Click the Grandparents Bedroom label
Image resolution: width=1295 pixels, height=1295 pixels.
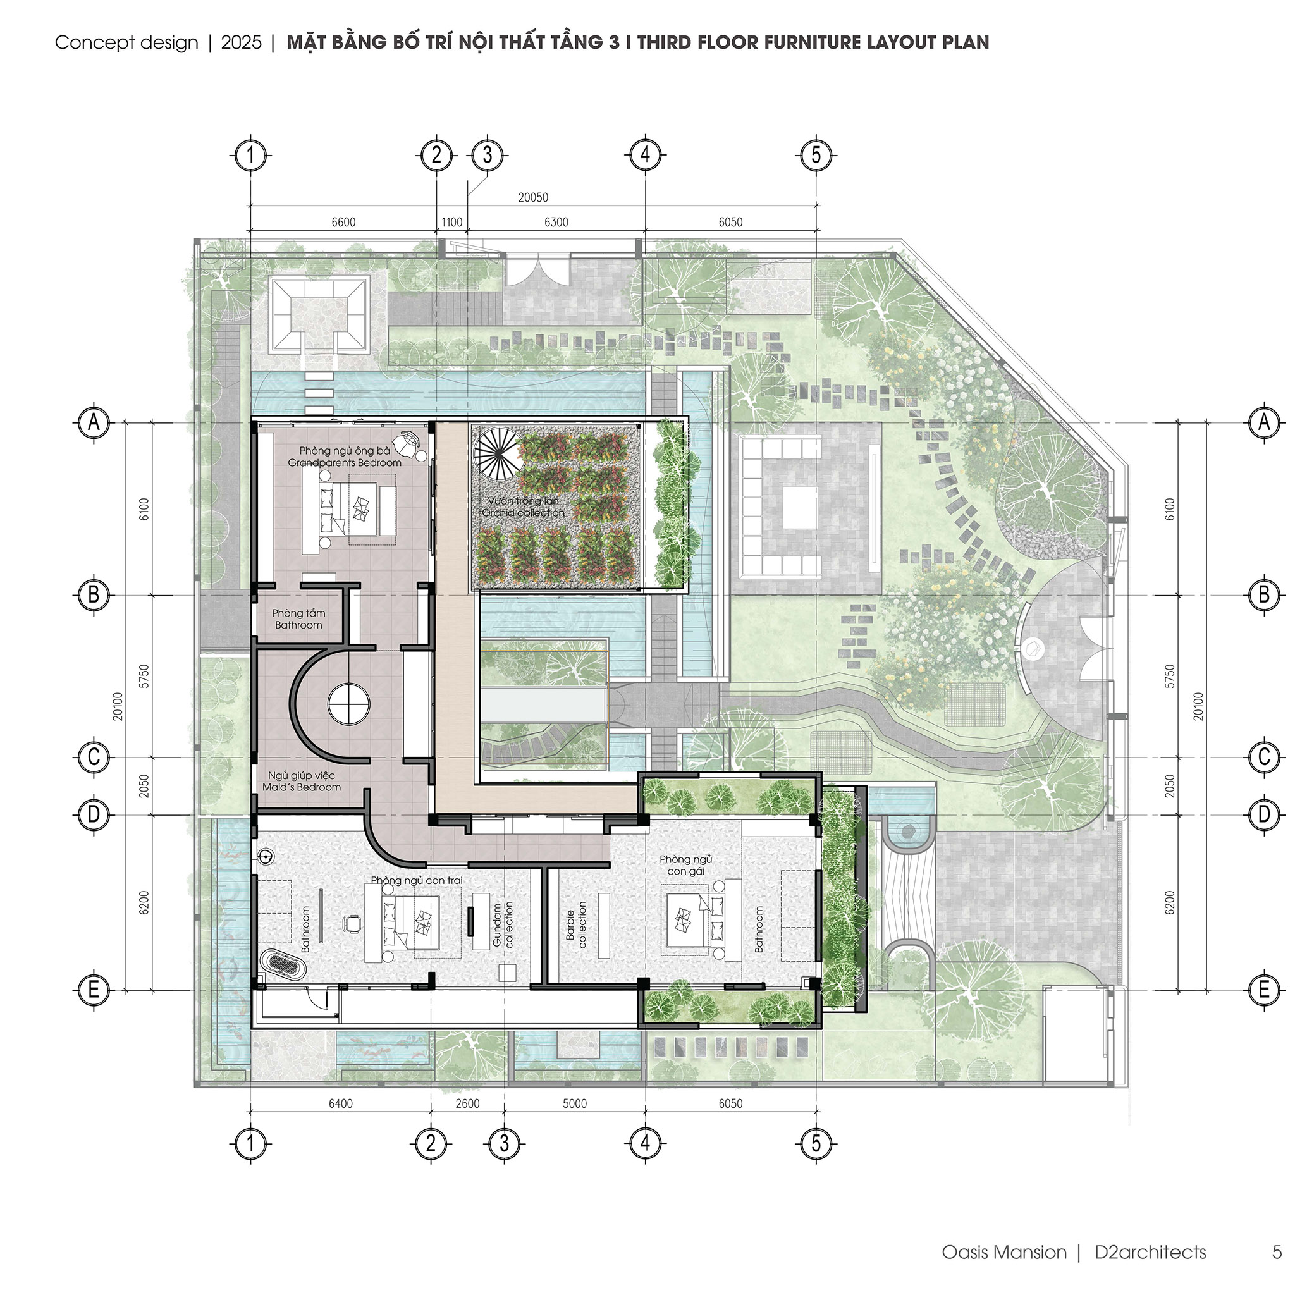[345, 462]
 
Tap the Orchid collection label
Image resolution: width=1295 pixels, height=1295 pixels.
[524, 513]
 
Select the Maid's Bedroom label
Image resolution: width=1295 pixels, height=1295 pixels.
[302, 787]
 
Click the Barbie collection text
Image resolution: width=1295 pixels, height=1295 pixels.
[576, 924]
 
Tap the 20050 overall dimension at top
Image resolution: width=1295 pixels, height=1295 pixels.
[533, 197]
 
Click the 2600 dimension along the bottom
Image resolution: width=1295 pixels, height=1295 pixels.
[467, 1103]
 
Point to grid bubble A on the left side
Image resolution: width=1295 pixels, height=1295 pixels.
[94, 422]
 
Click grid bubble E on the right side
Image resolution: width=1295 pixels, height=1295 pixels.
[1264, 990]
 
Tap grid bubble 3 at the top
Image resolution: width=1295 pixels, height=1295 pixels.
[488, 155]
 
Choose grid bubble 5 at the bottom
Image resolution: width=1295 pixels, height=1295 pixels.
[816, 1143]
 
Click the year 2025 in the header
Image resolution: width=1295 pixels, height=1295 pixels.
[242, 42]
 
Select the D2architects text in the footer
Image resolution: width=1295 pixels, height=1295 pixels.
[1150, 1252]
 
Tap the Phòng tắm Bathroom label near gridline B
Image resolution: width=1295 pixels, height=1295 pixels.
[298, 618]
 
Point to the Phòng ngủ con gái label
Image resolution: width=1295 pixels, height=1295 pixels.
[685, 864]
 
